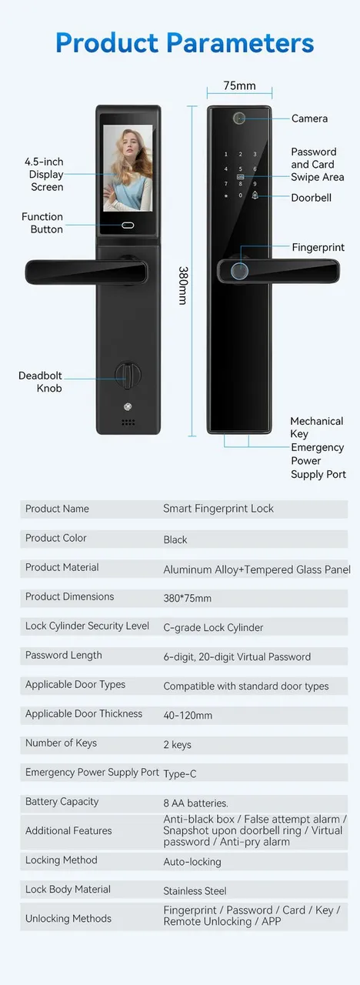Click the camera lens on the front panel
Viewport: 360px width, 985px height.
(238, 119)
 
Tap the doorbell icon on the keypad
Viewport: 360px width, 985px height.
(255, 195)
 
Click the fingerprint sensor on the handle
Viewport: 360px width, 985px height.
(240, 272)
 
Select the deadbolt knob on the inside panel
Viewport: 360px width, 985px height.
(128, 375)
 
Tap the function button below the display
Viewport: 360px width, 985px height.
(128, 225)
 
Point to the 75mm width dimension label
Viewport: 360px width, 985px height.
(239, 85)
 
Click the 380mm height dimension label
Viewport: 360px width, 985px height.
(183, 285)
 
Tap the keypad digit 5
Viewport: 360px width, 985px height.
(241, 169)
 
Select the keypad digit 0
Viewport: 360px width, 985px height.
(241, 195)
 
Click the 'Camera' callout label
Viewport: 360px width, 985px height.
(309, 119)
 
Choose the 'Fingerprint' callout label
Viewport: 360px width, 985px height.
(318, 248)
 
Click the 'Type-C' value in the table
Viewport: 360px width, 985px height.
(180, 773)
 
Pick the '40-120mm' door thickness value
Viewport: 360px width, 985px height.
(188, 715)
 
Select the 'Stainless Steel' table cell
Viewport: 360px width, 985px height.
(195, 891)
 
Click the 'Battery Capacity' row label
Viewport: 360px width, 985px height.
(62, 802)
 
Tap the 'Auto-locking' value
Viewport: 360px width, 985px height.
(192, 861)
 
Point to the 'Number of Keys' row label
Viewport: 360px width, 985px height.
(61, 743)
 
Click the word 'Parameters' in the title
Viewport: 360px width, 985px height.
(240, 43)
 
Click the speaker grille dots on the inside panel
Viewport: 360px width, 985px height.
(128, 422)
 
